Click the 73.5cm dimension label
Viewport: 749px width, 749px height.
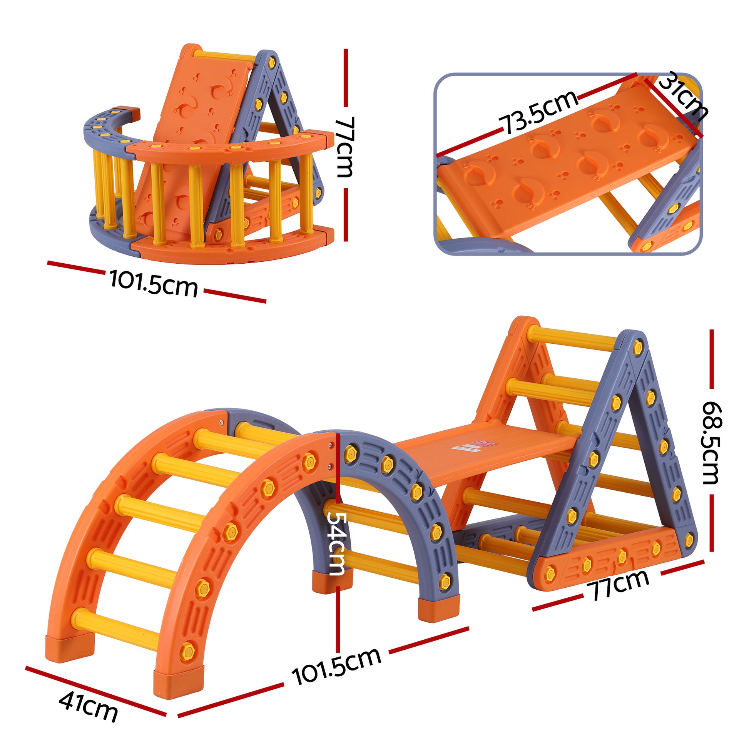pos(539,112)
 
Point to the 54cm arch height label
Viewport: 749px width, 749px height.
pos(336,542)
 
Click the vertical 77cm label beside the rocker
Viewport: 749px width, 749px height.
pos(344,147)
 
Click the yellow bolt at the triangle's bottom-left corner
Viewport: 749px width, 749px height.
pos(549,573)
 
